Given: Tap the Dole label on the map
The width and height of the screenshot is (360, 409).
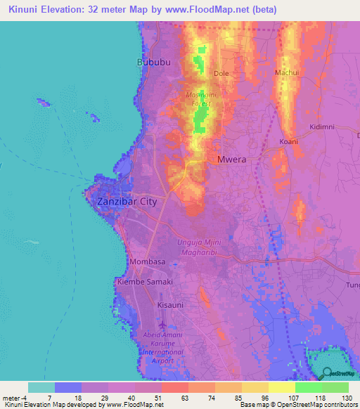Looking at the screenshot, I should pos(221,73).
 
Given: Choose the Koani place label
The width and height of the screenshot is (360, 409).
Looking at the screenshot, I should pos(288,141).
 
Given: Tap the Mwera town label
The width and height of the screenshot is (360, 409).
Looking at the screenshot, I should pos(232,160).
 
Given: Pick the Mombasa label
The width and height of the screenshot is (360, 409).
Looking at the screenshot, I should pos(148,261).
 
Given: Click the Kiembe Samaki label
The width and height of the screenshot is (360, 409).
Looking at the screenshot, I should pos(144,281).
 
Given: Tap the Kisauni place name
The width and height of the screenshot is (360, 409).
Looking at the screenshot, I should pos(170,305).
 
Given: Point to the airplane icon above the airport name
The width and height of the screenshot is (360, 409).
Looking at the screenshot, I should pos(163,325).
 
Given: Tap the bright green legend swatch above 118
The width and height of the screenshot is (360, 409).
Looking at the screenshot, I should pos(308,387).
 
